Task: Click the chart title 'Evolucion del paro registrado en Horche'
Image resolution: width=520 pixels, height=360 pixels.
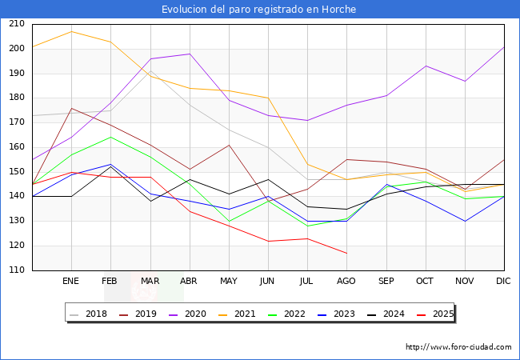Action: click(x=259, y=10)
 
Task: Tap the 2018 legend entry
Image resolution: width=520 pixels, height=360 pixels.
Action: click(x=90, y=314)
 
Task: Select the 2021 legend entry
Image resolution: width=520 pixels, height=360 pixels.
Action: click(x=239, y=314)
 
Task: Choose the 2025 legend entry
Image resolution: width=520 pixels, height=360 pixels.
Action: click(x=435, y=314)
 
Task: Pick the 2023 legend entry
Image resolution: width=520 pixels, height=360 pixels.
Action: click(x=338, y=314)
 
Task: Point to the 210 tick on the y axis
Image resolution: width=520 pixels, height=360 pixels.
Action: click(x=16, y=24)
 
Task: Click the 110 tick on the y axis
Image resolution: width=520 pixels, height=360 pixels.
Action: click(x=16, y=270)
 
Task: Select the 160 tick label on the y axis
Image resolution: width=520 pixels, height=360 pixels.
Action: click(x=16, y=147)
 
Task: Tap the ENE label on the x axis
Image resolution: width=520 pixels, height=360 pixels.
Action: click(x=71, y=282)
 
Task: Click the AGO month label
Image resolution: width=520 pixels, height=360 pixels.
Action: click(x=346, y=282)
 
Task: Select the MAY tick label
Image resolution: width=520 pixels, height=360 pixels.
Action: click(x=229, y=282)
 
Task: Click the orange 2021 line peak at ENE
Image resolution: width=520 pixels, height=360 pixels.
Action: click(x=71, y=32)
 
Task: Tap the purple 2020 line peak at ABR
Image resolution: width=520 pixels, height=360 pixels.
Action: click(x=190, y=54)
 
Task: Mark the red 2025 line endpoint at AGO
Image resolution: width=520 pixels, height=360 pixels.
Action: click(x=346, y=254)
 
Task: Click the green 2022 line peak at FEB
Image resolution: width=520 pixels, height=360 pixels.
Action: click(x=110, y=137)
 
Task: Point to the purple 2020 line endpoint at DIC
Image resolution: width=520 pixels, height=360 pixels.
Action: click(x=504, y=46)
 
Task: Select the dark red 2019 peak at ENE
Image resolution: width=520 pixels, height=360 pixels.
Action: click(x=71, y=108)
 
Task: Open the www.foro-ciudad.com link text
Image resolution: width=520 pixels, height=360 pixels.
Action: click(x=458, y=347)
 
